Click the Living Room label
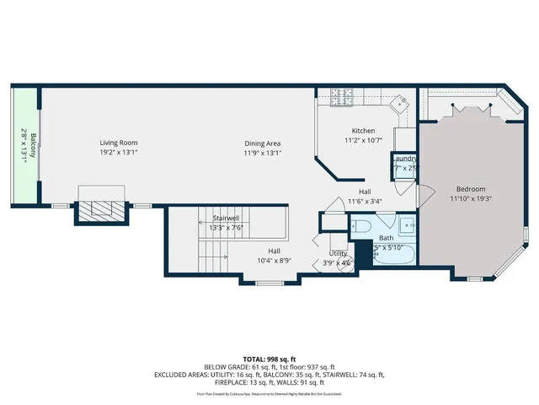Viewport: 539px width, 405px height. coord(118,143)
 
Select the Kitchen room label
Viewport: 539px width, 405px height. coord(363,131)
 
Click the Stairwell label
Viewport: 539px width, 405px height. coord(226,218)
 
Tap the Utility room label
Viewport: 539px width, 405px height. coord(338,253)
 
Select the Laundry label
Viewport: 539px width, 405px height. coord(405,159)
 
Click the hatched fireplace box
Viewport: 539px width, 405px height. coord(101,209)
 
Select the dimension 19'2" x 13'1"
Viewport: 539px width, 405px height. coord(118,153)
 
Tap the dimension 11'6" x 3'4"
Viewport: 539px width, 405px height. coord(364,201)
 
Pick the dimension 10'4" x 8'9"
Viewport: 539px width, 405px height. coord(274,261)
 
